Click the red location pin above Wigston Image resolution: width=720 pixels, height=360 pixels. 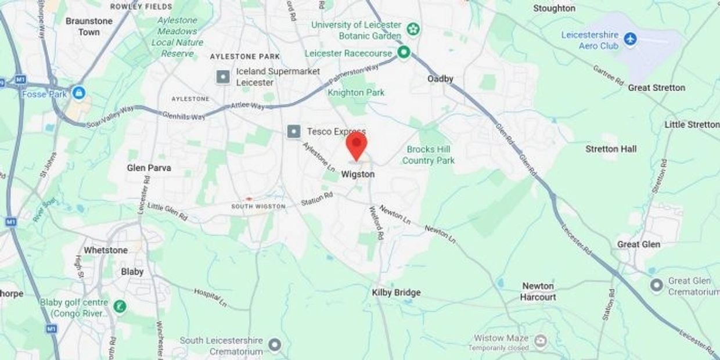click(357, 144)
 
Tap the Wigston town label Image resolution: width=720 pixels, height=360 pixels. click(358, 174)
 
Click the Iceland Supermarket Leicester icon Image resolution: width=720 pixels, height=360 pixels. click(223, 77)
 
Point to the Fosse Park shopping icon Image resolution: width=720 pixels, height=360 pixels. click(78, 93)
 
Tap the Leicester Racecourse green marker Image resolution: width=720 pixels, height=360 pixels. click(404, 53)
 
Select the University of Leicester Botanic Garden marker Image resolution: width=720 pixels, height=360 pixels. click(413, 28)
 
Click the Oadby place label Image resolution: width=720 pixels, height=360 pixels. click(440, 79)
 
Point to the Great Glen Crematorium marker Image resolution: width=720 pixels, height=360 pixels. click(657, 286)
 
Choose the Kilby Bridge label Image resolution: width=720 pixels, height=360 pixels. click(396, 293)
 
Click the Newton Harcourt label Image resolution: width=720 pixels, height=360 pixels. click(538, 291)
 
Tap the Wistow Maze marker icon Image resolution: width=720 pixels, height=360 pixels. click(540, 339)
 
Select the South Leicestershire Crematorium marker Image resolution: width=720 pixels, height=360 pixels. click(275, 345)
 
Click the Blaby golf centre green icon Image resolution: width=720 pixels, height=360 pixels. click(120, 306)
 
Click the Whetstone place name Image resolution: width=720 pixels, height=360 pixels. click(106, 250)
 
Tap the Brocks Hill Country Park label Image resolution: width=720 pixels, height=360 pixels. click(429, 155)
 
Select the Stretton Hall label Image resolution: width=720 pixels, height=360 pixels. click(611, 149)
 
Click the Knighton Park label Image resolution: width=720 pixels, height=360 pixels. click(356, 92)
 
